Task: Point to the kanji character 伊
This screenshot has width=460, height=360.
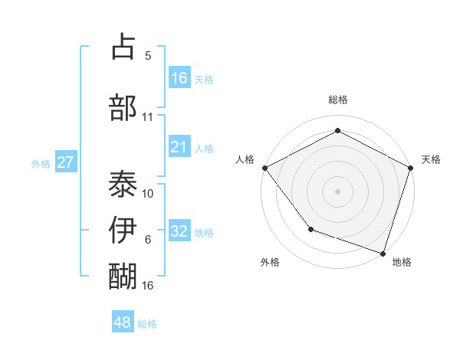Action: (x=123, y=230)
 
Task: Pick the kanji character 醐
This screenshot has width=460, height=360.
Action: (x=123, y=275)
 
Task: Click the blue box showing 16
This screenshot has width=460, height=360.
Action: (x=179, y=78)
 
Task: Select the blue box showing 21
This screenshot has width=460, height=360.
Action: (x=179, y=147)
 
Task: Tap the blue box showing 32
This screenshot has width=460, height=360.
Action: (x=179, y=231)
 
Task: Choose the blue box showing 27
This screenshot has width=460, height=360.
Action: (x=65, y=162)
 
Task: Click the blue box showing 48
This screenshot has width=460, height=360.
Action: (x=123, y=322)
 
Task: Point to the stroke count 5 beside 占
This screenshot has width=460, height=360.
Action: (x=148, y=56)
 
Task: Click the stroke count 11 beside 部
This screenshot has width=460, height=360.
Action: (x=148, y=117)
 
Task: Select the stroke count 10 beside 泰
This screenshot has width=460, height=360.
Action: (x=148, y=193)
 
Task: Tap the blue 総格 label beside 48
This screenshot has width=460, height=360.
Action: (x=147, y=324)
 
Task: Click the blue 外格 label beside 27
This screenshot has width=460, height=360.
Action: (x=41, y=163)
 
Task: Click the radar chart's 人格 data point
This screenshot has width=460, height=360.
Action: (x=264, y=168)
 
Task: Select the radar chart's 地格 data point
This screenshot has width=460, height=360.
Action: (x=383, y=253)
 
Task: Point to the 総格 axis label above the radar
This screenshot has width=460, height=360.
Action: (x=338, y=100)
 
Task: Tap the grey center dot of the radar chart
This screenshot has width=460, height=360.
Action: (x=337, y=191)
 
